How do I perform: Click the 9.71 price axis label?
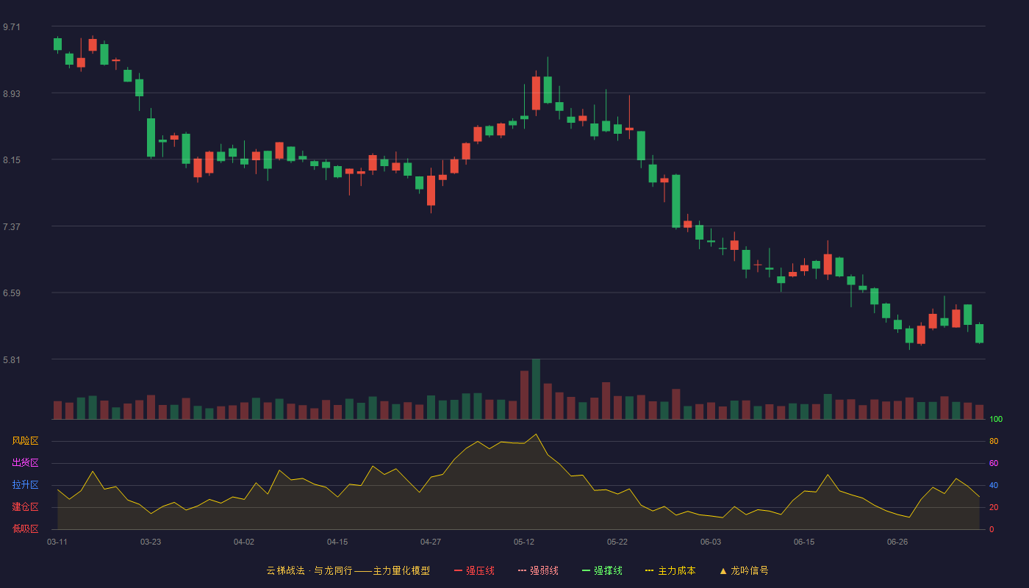click(12, 27)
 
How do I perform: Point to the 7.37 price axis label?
click(12, 227)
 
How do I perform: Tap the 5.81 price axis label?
click(12, 359)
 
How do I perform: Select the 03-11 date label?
click(57, 542)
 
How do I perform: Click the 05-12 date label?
click(523, 542)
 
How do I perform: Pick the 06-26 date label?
click(897, 542)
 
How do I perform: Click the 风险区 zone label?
click(25, 441)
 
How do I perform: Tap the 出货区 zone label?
click(25, 462)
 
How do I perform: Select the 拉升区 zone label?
click(25, 484)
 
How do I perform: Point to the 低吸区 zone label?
click(25, 528)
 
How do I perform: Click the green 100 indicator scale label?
click(996, 419)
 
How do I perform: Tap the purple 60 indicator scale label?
click(994, 463)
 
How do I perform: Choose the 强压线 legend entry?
click(474, 570)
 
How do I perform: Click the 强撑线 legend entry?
click(602, 570)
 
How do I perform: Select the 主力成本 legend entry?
click(670, 570)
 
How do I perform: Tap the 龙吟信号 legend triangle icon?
click(723, 571)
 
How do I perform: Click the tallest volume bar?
click(536, 389)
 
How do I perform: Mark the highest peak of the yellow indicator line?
click(536, 434)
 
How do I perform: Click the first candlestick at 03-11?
click(57, 44)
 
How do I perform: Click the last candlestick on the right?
click(979, 334)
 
